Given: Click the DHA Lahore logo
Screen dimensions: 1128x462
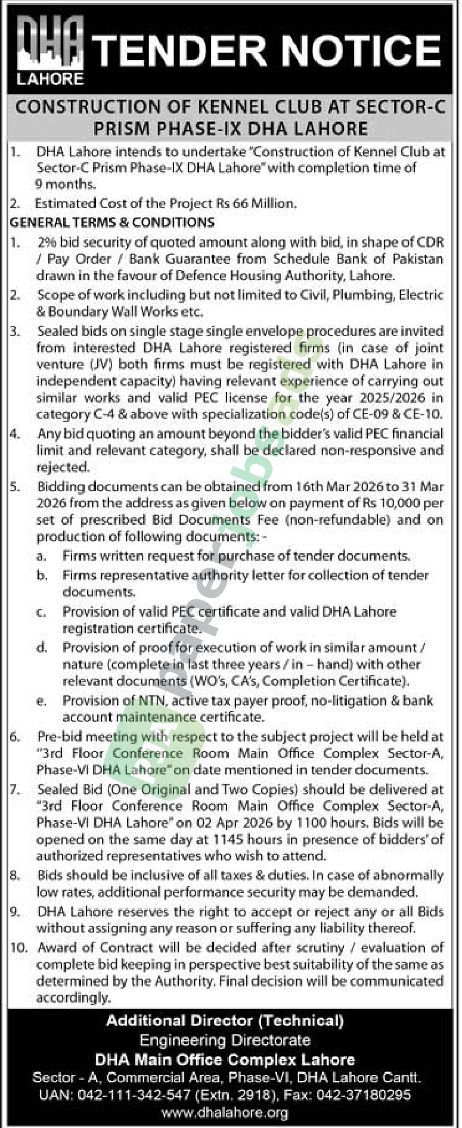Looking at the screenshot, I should [x=49, y=50].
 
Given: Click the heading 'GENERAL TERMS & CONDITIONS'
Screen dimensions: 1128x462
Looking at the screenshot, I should [x=112, y=222].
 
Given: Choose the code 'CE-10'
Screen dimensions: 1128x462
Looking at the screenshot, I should [x=426, y=414].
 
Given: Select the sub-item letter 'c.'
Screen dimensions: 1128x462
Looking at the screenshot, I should [x=41, y=612].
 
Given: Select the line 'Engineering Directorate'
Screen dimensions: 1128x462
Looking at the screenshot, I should [x=225, y=1040].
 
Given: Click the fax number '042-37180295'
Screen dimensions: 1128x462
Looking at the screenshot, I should [x=371, y=1095].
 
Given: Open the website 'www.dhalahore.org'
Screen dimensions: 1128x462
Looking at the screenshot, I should [x=225, y=1112].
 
